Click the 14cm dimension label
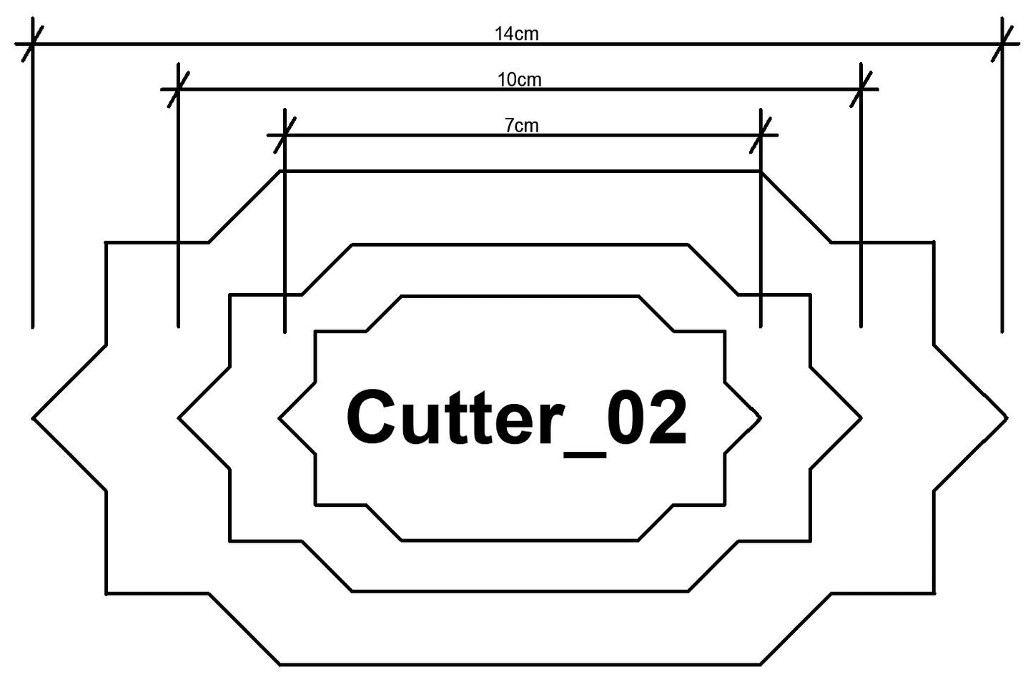[516, 34]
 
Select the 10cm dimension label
[520, 79]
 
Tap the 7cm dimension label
[522, 126]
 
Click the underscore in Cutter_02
[583, 452]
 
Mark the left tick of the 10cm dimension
[178, 89]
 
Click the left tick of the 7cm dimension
[285, 134]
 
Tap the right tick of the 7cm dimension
[761, 134]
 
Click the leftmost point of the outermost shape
[34, 417]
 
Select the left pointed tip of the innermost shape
[280, 417]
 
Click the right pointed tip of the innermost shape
[760, 417]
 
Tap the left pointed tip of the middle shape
[179, 417]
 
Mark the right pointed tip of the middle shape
[861, 417]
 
